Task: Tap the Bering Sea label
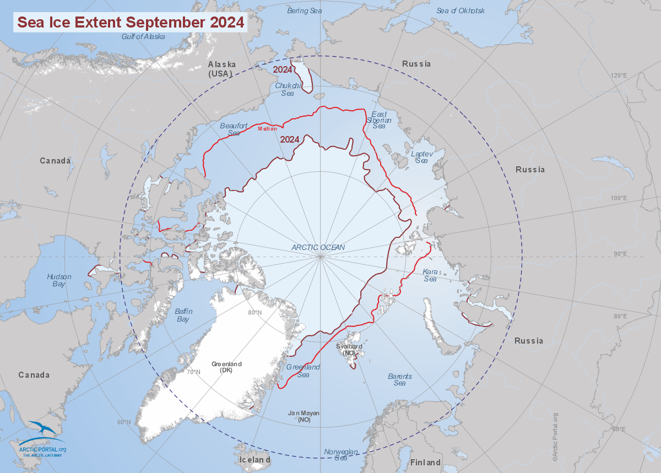[x=305, y=10]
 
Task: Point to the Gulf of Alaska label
[x=143, y=36]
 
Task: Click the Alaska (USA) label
[x=221, y=69]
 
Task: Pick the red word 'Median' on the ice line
[x=267, y=129]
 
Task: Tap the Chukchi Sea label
[x=288, y=89]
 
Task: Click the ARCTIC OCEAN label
[x=318, y=247]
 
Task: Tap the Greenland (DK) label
[x=226, y=367]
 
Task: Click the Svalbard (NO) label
[x=349, y=349]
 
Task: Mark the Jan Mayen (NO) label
[x=304, y=416]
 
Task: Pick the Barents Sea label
[x=400, y=379]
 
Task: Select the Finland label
[x=426, y=462]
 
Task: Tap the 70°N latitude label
[x=193, y=372]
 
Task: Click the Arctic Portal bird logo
[x=42, y=430]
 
